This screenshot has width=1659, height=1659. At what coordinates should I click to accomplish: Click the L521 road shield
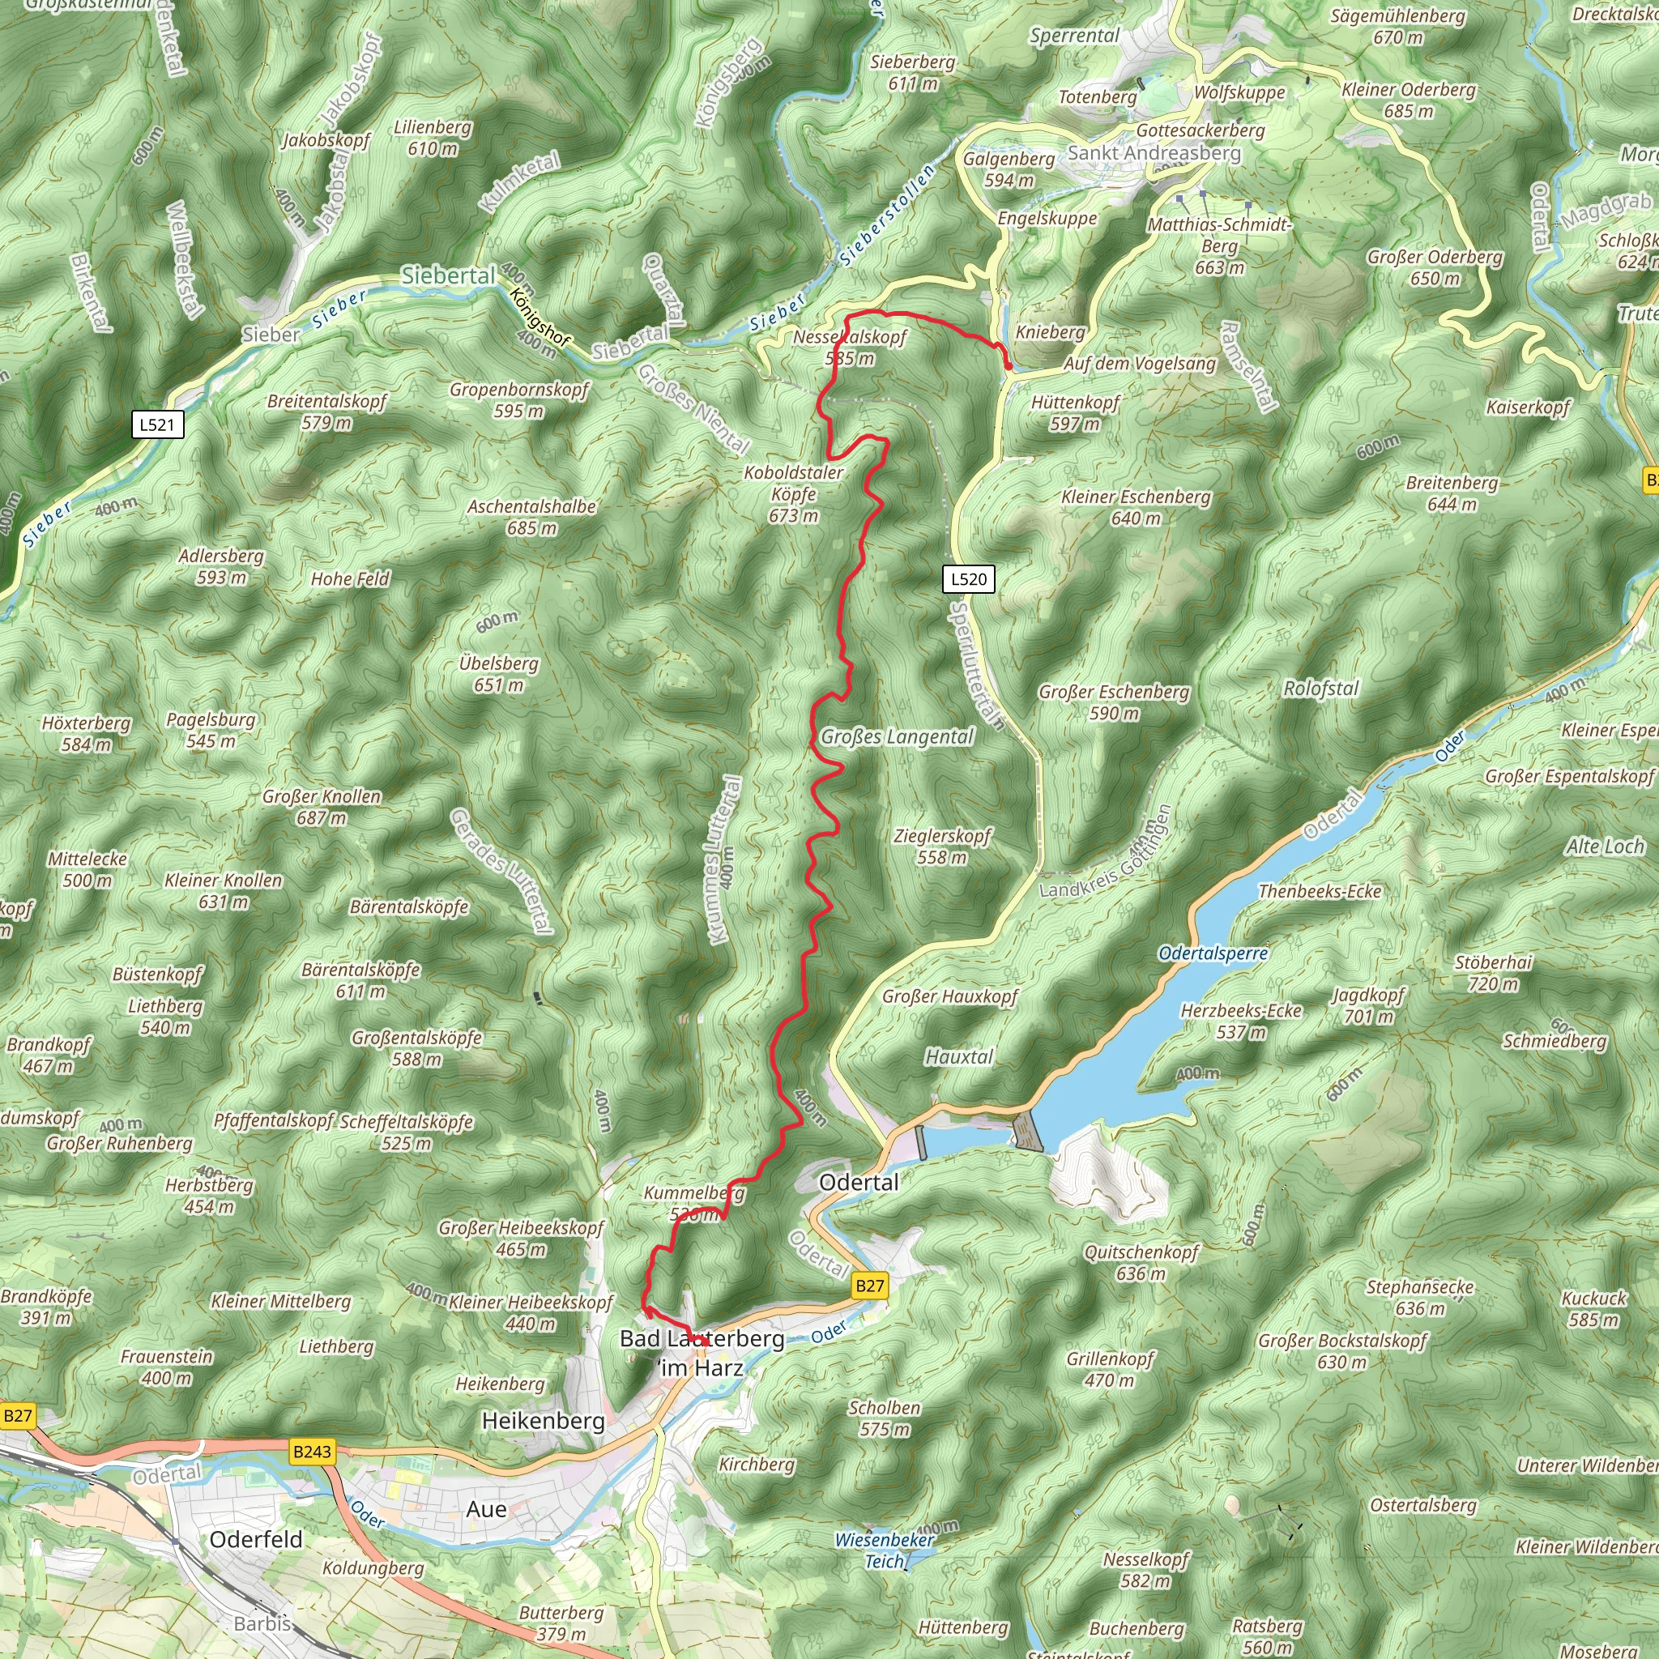[157, 424]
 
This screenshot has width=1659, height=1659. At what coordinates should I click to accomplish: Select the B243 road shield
[311, 1451]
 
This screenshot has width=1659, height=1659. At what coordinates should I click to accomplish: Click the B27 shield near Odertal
[869, 1286]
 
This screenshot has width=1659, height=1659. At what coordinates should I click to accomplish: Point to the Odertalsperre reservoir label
[1213, 953]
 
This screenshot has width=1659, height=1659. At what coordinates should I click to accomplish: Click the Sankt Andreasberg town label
[1154, 153]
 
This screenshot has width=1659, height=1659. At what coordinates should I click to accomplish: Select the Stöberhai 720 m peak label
[1493, 973]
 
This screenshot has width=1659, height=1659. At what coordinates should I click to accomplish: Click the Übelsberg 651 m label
[499, 674]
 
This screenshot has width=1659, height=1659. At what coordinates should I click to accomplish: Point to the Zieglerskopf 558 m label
[942, 846]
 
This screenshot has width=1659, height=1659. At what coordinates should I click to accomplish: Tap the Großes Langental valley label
[898, 737]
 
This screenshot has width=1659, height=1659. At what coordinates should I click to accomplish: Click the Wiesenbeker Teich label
[885, 1550]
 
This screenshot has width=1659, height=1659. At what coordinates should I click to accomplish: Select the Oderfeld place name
[256, 1539]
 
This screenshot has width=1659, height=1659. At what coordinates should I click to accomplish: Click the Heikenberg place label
[543, 1420]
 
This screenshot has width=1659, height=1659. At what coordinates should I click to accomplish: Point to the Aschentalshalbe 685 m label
[531, 517]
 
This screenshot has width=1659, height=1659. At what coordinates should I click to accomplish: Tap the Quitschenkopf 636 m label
[1141, 1262]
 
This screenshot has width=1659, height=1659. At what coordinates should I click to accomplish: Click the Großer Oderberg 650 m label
[1435, 267]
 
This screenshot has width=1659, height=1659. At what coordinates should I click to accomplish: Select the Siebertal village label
[448, 275]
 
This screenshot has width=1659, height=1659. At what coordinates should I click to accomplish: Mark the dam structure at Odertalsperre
[1026, 1129]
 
